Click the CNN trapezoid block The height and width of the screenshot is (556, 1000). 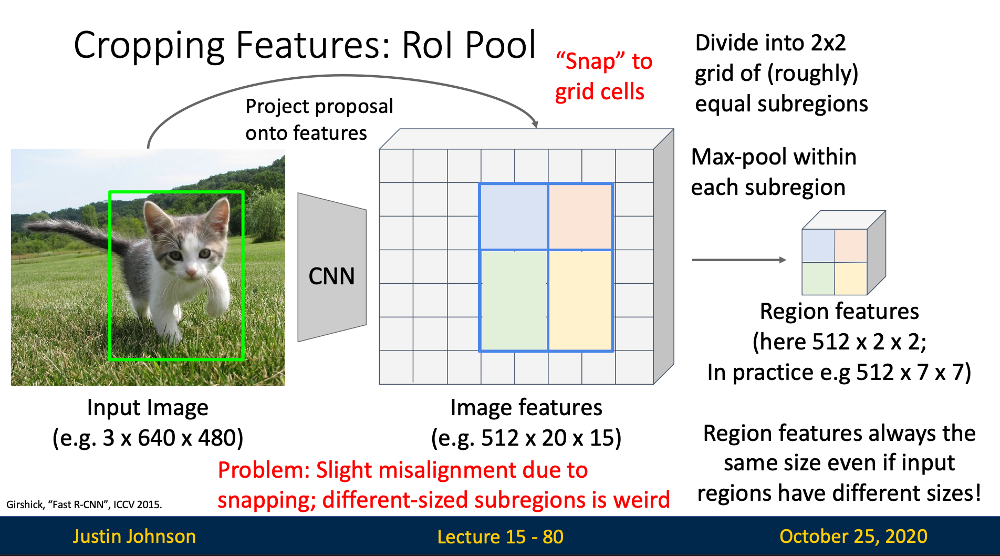[x=331, y=268]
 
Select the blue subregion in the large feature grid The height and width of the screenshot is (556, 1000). [x=513, y=216]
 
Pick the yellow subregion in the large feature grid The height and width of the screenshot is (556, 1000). [x=580, y=300]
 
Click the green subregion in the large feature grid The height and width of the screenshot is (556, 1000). [x=513, y=300]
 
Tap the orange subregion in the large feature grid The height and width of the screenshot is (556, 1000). [x=580, y=216]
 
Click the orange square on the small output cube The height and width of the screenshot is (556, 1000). [x=850, y=245]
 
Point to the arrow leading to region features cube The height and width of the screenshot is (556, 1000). [x=738, y=260]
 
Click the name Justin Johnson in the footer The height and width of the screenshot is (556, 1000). [x=134, y=536]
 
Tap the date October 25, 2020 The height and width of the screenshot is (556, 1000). [x=853, y=536]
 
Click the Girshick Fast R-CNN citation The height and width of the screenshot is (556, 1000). [x=84, y=504]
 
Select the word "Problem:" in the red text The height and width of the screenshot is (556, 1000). [x=264, y=470]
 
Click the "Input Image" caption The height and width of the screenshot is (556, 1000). [x=148, y=408]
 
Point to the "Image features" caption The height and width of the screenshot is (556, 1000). [x=526, y=408]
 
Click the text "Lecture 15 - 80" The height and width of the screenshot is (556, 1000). [x=500, y=537]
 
